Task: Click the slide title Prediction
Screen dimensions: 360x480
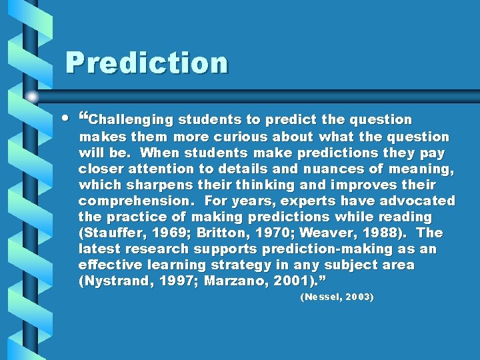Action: click(146, 63)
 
